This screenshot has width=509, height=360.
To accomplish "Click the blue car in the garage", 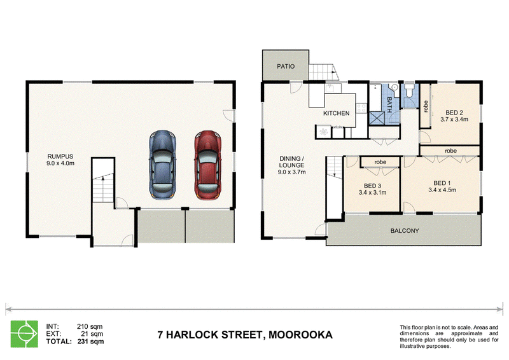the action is tap(163, 165).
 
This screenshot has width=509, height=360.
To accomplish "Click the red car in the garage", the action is tap(208, 165).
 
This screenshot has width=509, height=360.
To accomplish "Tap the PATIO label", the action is tap(286, 66).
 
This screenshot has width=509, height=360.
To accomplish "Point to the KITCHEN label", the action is tap(337, 113).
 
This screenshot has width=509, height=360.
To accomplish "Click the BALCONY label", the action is tap(405, 231).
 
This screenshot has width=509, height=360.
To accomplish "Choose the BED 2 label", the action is tap(454, 113).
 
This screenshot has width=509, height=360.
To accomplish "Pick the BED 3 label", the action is tap(372, 186).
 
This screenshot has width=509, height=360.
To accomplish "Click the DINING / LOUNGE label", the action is tap(291, 162).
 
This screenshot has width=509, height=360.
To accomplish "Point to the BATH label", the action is tap(389, 105).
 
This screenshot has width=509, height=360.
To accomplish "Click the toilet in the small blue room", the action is tap(409, 90).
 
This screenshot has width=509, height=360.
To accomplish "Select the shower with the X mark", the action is tap(377, 118).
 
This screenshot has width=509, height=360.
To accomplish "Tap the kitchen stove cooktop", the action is tap(361, 107).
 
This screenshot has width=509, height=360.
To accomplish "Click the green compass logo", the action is tap(24, 334).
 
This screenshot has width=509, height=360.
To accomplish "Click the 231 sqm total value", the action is tap(90, 342).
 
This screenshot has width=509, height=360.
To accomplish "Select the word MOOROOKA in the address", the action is tap(300, 335).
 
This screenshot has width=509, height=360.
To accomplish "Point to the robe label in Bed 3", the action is tap(380, 162).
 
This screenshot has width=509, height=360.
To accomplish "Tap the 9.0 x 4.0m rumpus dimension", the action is tap(60, 163).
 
